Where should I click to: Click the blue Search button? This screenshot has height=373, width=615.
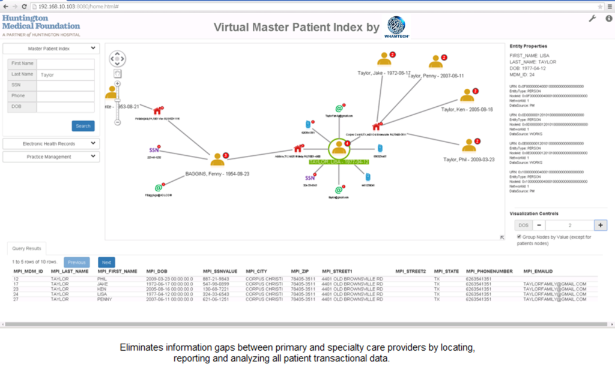click(83, 126)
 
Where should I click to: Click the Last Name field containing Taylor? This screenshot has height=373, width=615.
click(65, 75)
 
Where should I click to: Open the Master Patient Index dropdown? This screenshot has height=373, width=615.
click(50, 49)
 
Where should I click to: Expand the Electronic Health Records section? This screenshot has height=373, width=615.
click(50, 144)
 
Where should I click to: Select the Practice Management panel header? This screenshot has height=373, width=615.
click(50, 157)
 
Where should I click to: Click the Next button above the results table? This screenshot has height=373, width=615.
click(106, 262)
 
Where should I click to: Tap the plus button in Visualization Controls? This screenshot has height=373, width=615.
click(600, 225)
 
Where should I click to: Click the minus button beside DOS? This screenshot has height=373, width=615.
click(539, 225)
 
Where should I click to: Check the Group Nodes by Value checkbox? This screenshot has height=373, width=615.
click(520, 237)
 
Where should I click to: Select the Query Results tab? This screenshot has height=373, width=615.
click(26, 248)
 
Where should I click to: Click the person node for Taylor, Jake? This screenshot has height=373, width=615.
click(384, 59)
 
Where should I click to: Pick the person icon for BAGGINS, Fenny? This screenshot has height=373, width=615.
click(217, 159)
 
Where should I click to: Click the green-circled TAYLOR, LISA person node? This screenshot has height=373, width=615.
click(339, 148)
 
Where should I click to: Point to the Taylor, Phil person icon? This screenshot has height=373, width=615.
click(469, 145)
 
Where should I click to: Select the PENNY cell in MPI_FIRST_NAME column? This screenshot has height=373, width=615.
click(105, 299)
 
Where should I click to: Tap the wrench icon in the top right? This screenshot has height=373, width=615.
click(592, 19)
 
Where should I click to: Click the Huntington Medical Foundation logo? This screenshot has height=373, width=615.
click(41, 26)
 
